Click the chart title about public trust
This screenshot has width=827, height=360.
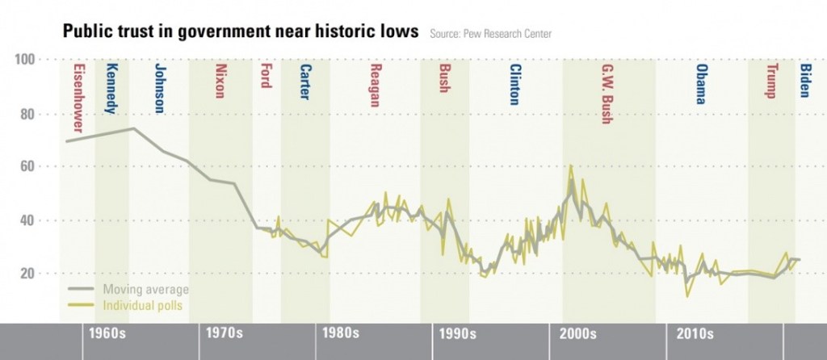coord(241,31)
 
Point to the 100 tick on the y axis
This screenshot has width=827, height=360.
coord(27,60)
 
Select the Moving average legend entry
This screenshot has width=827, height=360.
coord(145,290)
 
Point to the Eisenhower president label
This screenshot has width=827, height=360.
coord(78,98)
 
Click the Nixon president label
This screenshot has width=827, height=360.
coord(220,81)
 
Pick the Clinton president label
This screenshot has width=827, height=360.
coord(514,86)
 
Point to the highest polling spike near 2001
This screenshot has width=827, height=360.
coord(571,166)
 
